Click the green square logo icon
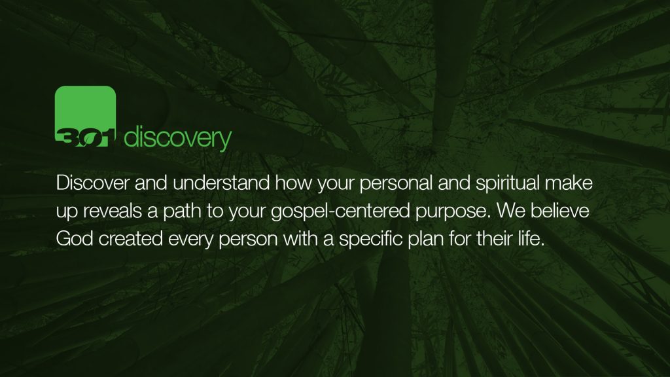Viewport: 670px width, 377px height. [x=86, y=117]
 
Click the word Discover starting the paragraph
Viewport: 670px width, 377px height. [x=92, y=183]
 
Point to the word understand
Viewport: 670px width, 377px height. [x=221, y=183]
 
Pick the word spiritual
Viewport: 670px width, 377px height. [x=508, y=184]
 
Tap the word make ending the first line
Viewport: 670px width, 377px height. [x=569, y=183]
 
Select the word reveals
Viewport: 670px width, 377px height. [x=113, y=211]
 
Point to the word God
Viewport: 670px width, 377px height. [x=75, y=239]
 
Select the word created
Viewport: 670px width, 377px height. [x=131, y=239]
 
